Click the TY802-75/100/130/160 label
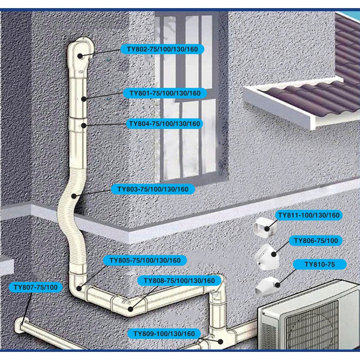[162, 49]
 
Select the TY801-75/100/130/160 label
[165, 93]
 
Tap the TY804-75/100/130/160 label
[165, 124]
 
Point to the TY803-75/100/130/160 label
[153, 189]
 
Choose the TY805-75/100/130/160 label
[145, 261]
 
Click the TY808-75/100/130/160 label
[179, 281]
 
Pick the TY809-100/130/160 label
[164, 334]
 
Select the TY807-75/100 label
[36, 287]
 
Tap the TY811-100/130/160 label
[309, 215]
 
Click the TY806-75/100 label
[316, 240]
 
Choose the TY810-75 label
[320, 264]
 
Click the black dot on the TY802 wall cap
[80, 56]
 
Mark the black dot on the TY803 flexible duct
[74, 196]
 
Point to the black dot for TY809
[220, 342]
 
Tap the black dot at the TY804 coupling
[84, 126]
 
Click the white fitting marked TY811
[265, 227]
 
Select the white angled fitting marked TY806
[267, 257]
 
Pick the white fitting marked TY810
[268, 287]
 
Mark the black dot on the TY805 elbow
[79, 288]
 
